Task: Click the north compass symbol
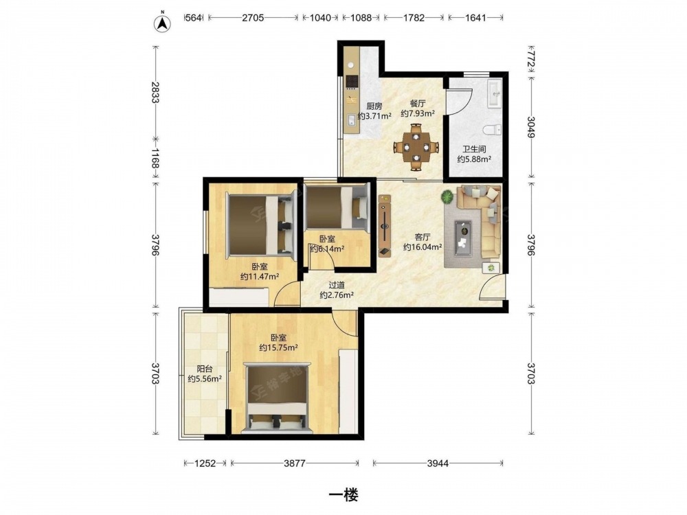[163, 23]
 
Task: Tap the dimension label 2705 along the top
[253, 18]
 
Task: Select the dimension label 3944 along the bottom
[438, 463]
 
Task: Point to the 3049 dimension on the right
[532, 127]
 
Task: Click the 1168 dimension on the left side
[155, 158]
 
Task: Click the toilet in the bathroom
[493, 130]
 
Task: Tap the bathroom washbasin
[495, 93]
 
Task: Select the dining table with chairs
[416, 148]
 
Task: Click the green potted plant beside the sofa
[447, 196]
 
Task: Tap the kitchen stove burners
[352, 82]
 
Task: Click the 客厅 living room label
[422, 238]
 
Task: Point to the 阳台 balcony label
[204, 369]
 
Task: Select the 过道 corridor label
[337, 285]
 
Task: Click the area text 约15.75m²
[279, 347]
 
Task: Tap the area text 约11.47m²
[260, 276]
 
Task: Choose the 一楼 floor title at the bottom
[344, 495]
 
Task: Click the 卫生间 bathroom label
[474, 149]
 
